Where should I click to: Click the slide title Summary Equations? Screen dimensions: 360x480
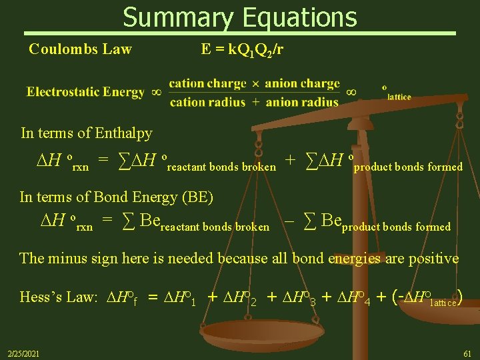click(240, 17)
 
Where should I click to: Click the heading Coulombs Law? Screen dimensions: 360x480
click(80, 49)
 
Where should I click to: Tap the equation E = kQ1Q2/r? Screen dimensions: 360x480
click(246, 49)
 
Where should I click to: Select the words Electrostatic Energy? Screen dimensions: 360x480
click(85, 92)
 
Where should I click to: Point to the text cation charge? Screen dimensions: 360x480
click(207, 84)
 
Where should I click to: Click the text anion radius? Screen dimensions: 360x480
click(302, 102)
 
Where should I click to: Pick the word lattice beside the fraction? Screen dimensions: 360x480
click(399, 97)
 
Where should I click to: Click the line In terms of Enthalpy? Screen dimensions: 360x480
click(86, 133)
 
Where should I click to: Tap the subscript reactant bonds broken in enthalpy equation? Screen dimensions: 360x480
click(221, 167)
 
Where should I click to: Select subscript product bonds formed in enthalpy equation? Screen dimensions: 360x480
click(407, 167)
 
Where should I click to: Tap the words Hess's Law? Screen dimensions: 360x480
click(59, 297)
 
